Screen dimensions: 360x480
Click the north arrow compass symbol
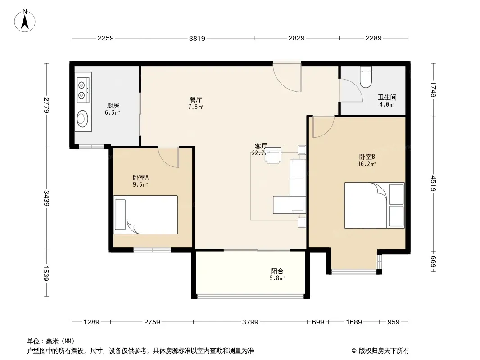(x=25, y=20)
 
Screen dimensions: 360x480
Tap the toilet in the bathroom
(x=366, y=77)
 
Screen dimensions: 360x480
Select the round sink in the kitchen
(x=82, y=119)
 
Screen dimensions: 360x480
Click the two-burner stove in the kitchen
(x=83, y=90)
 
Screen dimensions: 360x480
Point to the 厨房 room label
(x=113, y=105)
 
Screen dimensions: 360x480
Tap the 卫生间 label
(x=387, y=97)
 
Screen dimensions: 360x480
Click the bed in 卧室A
(x=146, y=215)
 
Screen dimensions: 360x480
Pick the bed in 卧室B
(x=374, y=205)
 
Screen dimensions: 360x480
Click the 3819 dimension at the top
(x=197, y=39)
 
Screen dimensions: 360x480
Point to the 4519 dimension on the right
(x=433, y=183)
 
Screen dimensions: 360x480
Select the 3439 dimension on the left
(x=46, y=198)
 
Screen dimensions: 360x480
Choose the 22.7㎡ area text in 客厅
(x=261, y=153)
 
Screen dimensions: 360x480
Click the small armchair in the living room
(x=273, y=155)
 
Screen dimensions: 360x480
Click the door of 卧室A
(x=169, y=157)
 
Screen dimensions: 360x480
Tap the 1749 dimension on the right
(x=433, y=90)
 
